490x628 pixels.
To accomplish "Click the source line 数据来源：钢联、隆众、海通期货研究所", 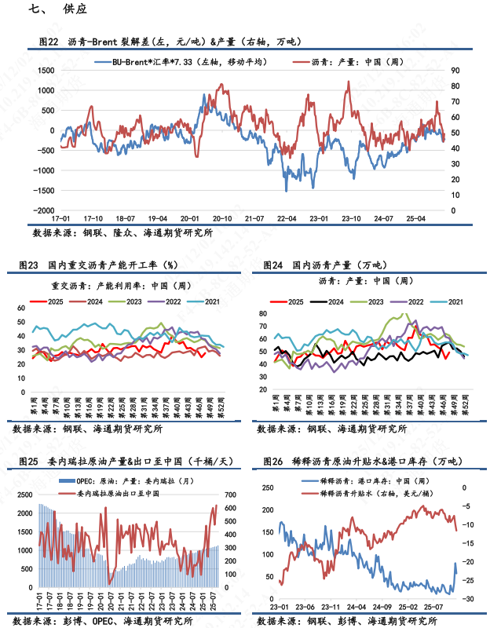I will (x=122, y=233).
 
